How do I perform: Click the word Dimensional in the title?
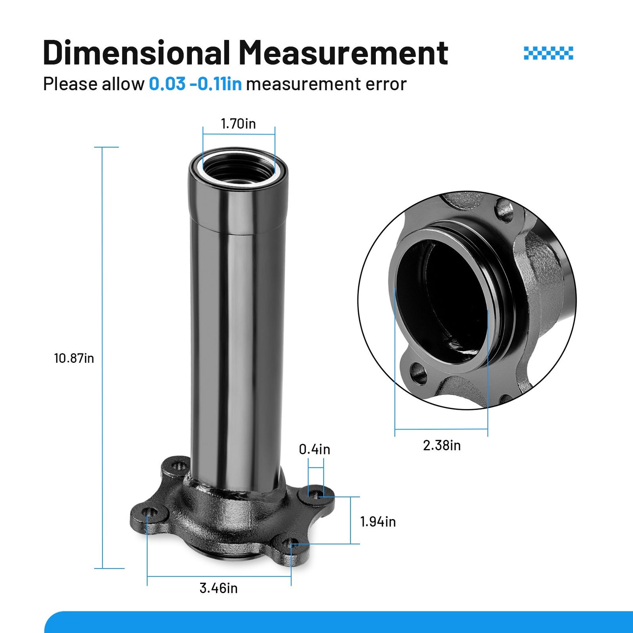[136, 52]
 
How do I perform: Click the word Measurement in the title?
[343, 52]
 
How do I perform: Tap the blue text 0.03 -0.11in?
[195, 84]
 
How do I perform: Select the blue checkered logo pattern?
[548, 53]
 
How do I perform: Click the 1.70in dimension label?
[238, 124]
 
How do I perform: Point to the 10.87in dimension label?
[74, 358]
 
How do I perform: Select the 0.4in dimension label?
[315, 449]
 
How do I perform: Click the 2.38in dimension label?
[442, 446]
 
